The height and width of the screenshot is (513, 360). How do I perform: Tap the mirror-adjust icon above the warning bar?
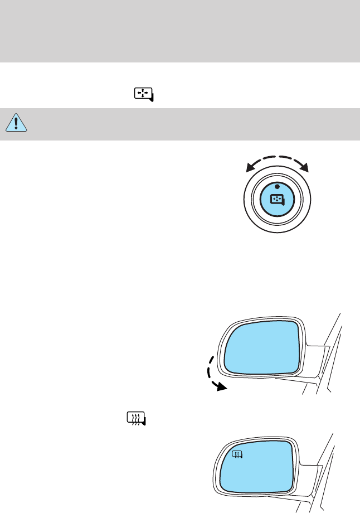144,95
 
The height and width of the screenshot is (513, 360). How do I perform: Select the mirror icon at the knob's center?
277,199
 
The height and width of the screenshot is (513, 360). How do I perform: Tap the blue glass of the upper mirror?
262,346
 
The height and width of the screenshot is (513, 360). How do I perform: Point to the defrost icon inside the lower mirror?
236,456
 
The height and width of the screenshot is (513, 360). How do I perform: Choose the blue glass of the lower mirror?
262,474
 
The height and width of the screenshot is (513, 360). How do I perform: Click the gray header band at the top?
180,31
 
